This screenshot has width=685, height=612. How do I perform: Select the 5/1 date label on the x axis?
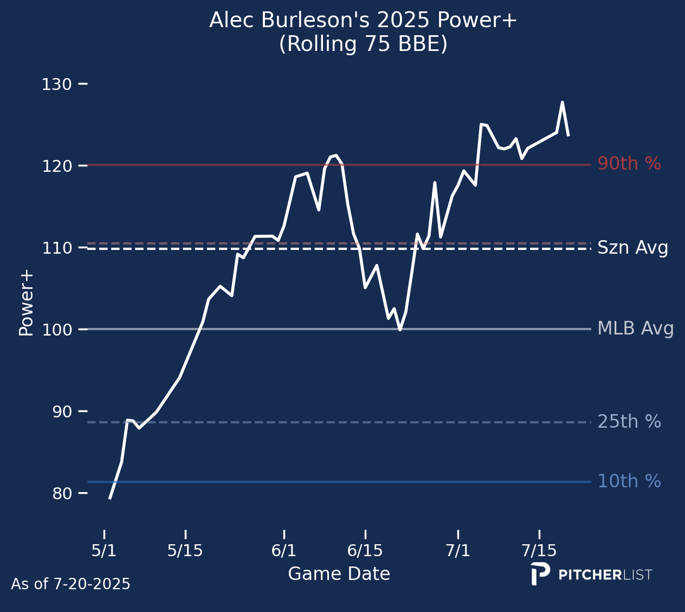click(104, 551)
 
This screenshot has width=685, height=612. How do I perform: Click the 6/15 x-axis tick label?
click(365, 551)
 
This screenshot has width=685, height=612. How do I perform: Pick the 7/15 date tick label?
click(539, 551)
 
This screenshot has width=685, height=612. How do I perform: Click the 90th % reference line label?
click(629, 164)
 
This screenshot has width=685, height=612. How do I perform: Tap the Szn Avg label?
click(632, 248)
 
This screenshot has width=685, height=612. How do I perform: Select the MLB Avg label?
click(635, 329)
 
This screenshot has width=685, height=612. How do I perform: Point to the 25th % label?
click(629, 422)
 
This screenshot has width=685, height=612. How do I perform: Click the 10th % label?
click(629, 481)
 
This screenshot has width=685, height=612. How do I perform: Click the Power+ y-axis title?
click(26, 302)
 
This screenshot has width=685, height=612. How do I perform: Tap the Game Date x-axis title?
click(339, 574)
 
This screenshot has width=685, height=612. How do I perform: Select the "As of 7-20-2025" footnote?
click(70, 584)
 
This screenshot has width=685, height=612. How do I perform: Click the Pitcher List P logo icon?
click(539, 574)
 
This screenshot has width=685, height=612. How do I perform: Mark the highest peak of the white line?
click(562, 102)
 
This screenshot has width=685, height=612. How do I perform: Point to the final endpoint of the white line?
click(568, 136)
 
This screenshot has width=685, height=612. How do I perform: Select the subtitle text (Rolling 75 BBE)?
click(363, 44)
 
